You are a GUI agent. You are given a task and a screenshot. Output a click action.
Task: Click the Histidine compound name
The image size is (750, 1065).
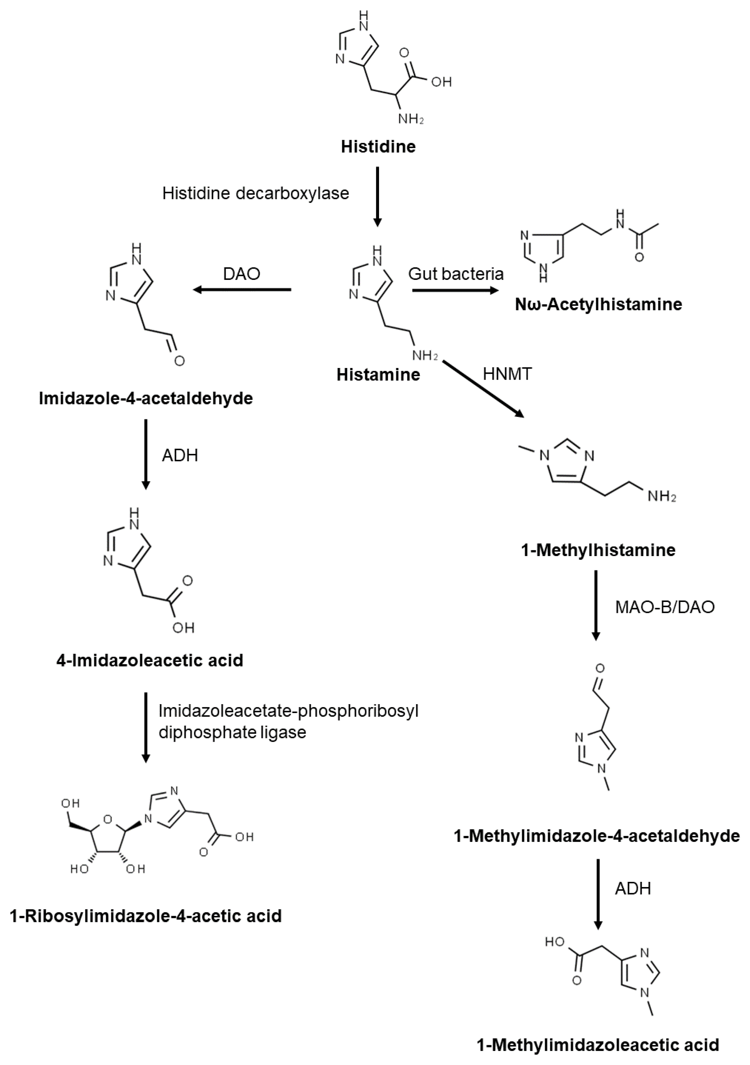[x=378, y=147]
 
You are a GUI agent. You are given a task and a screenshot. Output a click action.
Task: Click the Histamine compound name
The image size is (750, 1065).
[x=378, y=374]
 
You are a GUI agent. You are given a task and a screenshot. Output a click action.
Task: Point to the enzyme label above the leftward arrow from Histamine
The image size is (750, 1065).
[x=242, y=274]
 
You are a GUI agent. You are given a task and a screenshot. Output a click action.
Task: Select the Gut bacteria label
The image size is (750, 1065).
[x=456, y=274]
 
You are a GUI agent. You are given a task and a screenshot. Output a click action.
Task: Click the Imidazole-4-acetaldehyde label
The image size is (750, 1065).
[x=146, y=398]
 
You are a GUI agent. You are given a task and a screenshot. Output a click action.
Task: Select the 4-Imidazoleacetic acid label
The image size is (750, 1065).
[x=150, y=660]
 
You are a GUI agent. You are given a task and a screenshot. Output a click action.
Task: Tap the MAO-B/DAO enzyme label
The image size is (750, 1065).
[x=665, y=607]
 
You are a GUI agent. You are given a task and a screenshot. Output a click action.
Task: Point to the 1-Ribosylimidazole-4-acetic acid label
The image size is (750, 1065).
[x=146, y=916]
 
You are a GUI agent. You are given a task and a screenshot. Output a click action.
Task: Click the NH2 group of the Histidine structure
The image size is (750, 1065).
[x=411, y=119]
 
